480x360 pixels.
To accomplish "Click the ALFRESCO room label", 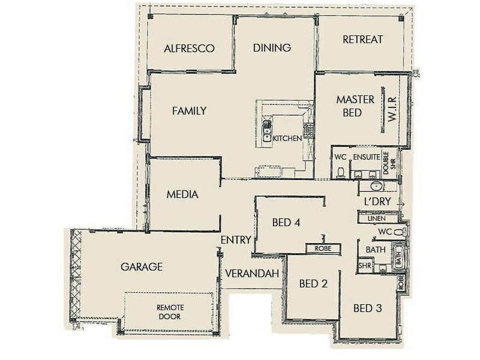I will pos(189,49).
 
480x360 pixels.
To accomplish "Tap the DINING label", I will pos(272,48).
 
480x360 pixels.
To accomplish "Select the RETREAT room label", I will pos(362,40).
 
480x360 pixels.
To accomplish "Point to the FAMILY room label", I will pos(189,111).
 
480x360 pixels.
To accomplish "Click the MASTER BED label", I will pos(355,106).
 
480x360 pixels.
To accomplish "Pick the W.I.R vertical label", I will pos(394,109).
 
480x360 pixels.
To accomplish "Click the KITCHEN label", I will pos(287,139).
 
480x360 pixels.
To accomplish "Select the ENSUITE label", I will pos(366,157).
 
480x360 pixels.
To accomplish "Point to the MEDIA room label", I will pos(182,194).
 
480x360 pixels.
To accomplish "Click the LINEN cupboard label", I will pos(377,220).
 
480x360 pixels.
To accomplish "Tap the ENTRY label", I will pos(235,240).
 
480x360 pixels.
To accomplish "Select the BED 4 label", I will pos(286,223).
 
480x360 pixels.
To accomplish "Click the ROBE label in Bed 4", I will pos(323,247).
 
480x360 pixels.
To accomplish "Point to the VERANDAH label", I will pos(253,274).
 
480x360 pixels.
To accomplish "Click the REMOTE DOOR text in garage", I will pos(169,311).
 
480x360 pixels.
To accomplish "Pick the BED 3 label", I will pos(367,309).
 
